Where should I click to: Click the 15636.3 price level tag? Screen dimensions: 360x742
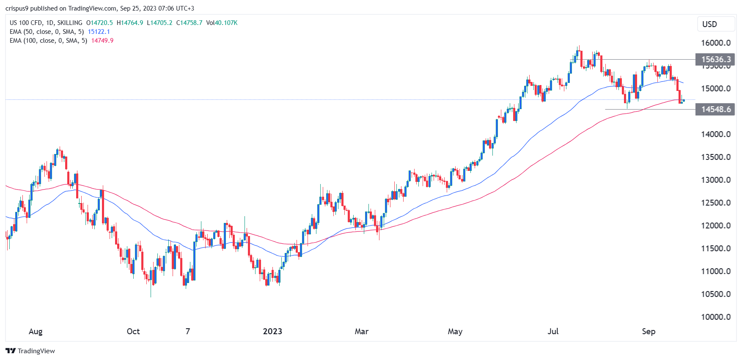(715, 59)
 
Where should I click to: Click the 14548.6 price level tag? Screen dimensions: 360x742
(715, 110)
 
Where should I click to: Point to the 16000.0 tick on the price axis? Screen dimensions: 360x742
(716, 43)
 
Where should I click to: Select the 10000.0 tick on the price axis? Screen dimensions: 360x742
(716, 317)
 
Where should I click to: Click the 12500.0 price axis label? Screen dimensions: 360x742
(716, 203)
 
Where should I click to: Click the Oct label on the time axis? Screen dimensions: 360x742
(133, 331)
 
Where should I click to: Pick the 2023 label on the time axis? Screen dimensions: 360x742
(272, 331)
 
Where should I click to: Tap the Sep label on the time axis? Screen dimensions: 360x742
(649, 331)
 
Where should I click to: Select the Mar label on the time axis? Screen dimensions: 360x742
(361, 331)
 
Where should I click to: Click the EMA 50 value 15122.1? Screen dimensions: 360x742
(99, 32)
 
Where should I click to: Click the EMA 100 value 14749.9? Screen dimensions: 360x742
(102, 41)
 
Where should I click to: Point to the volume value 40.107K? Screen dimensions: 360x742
(226, 23)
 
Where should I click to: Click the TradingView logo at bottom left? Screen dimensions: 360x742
(30, 351)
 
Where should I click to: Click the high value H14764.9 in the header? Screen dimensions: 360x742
(130, 23)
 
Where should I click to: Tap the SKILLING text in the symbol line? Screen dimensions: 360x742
(70, 23)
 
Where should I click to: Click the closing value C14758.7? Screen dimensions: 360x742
(189, 23)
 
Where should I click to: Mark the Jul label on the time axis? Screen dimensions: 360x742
(553, 331)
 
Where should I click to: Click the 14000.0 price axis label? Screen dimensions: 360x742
(716, 134)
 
